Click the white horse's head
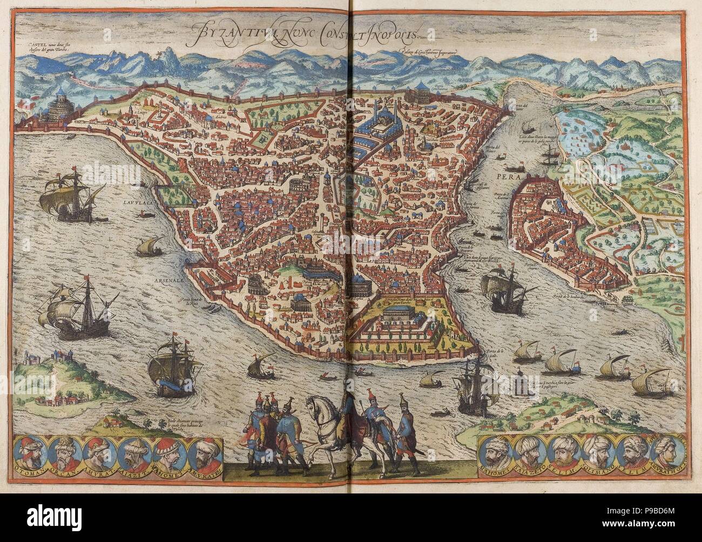pyautogui.click(x=313, y=403)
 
